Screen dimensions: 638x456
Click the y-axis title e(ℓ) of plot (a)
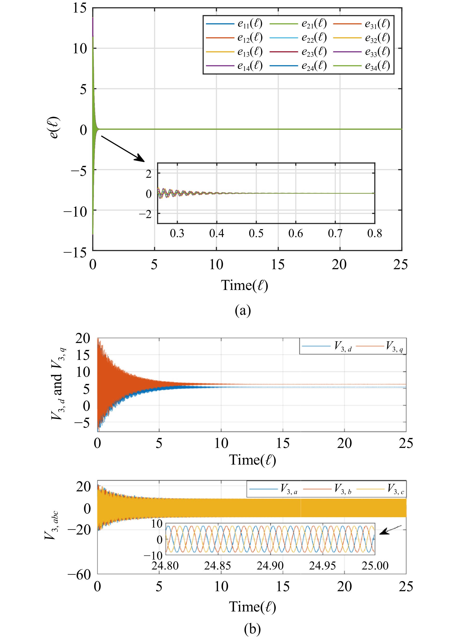tap(54, 128)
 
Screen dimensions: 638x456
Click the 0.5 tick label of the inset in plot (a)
tap(256, 233)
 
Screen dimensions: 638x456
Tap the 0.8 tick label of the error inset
tap(374, 233)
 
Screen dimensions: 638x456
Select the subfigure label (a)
tap(243, 310)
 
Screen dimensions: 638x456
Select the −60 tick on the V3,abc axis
tap(79, 575)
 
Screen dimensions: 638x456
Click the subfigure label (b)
tap(252, 629)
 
